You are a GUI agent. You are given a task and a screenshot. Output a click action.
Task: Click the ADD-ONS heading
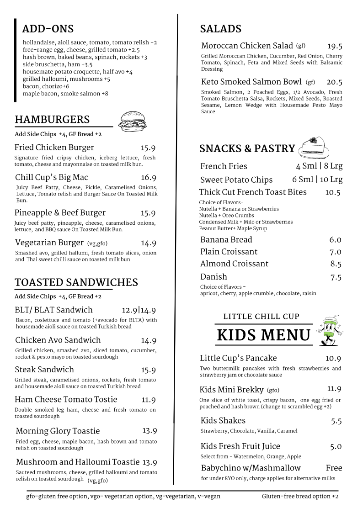coord(48,29)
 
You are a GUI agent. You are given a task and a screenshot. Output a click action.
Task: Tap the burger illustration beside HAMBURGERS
coord(133,122)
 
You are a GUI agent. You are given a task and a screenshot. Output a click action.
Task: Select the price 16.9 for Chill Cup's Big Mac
coord(149,178)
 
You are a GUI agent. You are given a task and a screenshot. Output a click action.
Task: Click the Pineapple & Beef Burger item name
coord(60,213)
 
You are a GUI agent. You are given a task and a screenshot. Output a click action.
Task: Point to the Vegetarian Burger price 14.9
coord(149,243)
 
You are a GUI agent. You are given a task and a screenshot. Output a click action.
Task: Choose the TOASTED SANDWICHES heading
coord(76,282)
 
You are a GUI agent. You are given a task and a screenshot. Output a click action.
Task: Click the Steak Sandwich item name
coord(44,370)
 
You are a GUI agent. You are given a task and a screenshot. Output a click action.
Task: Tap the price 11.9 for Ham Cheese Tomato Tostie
coord(149,400)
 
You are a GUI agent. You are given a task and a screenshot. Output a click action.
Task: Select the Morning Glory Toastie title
coord(58,431)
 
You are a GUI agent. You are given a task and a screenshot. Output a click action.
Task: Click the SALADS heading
coord(220,29)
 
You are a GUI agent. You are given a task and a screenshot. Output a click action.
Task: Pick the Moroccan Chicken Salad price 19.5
coord(335,46)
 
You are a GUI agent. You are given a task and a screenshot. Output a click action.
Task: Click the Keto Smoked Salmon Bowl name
coord(251,82)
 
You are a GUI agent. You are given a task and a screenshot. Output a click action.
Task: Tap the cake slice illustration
coord(315,147)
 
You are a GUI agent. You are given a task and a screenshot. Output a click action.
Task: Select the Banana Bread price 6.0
coord(335,240)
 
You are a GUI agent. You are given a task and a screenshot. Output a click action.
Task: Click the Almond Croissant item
coord(234,264)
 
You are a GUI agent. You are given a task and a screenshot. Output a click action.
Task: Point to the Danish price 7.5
coord(336,277)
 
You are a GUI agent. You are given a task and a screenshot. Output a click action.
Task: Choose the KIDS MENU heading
coord(264,335)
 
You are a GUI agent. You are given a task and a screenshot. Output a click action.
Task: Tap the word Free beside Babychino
coord(334,468)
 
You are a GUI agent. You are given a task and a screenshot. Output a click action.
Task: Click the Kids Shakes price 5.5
coord(336,421)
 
